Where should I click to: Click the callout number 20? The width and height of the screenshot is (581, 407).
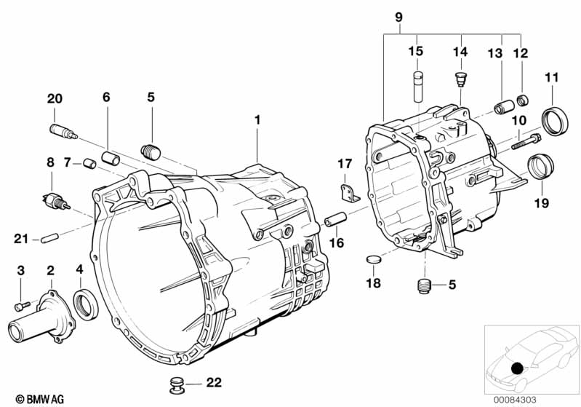55,99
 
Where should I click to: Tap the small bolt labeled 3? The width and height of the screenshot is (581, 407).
23,306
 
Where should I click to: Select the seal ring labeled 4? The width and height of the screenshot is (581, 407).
86,305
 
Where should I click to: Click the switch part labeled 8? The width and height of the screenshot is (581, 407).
55,201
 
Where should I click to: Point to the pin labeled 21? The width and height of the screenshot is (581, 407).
49,238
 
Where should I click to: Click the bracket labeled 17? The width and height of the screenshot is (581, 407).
350,194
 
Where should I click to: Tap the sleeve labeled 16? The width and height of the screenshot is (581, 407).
335,219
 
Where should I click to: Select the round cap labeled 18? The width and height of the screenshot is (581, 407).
373,259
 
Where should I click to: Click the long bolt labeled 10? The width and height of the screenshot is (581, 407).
526,141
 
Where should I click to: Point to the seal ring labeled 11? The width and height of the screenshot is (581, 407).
555,121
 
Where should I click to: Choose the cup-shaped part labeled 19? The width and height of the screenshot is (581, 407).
540,167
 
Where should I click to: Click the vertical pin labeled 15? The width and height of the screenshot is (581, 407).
418,86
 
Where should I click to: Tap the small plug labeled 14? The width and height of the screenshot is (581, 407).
460,79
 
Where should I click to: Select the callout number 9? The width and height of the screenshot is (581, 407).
398,17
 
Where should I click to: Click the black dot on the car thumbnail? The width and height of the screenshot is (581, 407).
517,368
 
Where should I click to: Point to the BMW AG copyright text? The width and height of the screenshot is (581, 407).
40,399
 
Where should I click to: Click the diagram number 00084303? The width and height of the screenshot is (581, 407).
515,400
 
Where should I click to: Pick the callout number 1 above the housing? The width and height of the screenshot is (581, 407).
257,120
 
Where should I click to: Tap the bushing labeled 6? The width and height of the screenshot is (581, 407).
111,158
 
